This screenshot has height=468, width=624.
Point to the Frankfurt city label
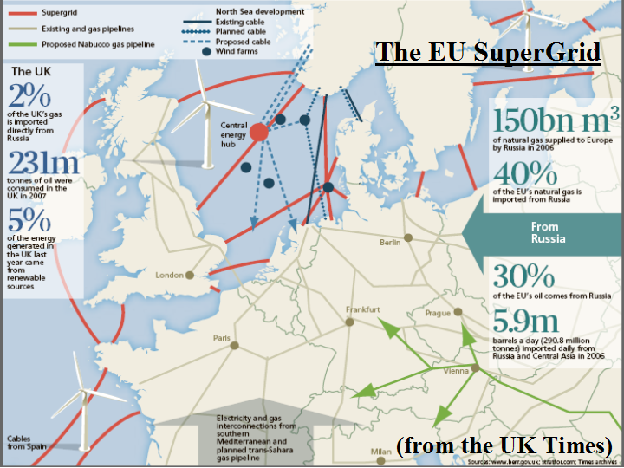363,309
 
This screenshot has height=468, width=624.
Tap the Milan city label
380,452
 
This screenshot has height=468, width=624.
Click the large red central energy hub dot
259,133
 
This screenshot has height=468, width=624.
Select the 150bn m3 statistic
555,119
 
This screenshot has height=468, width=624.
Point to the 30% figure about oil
524,276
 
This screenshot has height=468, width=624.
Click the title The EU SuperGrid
488,53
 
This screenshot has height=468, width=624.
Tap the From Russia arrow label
549,232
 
